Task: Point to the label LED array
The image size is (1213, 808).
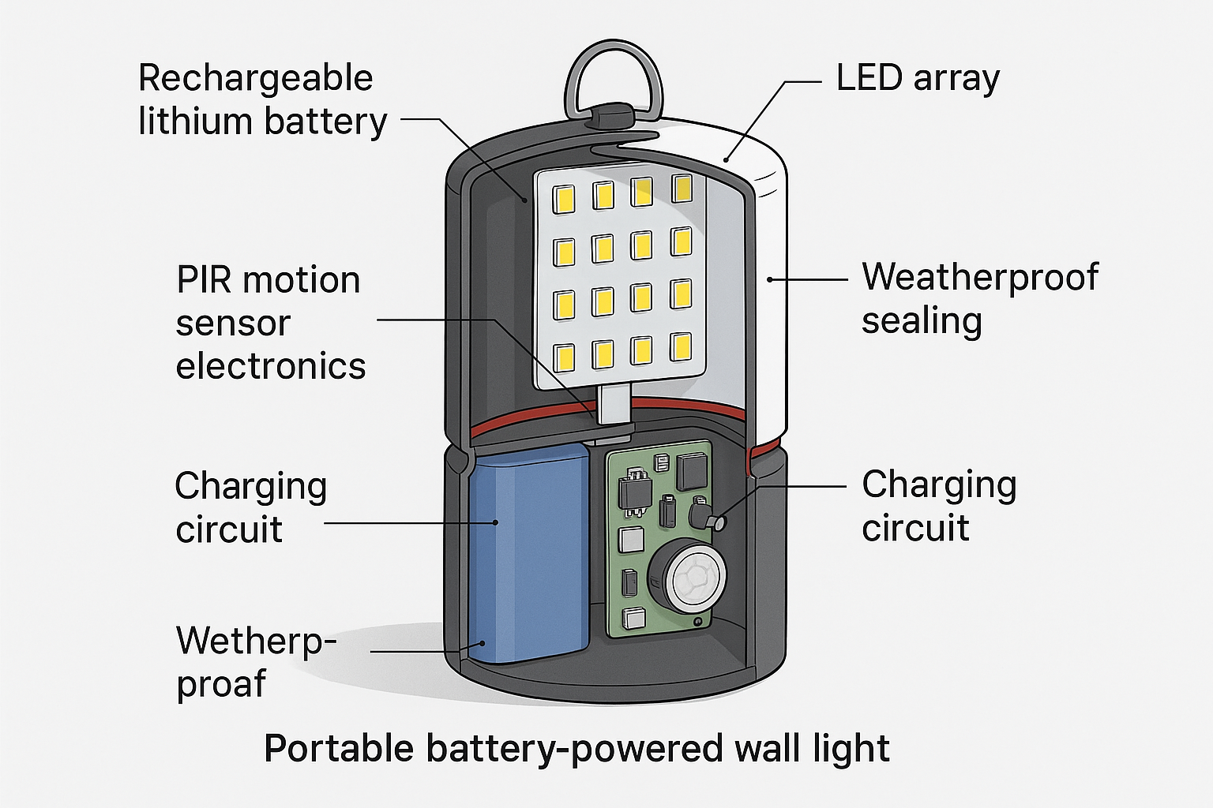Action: [918, 78]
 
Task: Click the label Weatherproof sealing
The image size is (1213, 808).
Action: [980, 299]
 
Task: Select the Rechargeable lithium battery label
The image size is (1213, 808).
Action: [263, 99]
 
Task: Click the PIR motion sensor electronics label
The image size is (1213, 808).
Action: [271, 324]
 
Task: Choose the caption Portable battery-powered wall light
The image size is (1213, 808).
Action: [576, 749]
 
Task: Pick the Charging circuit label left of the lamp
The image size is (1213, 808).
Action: [250, 507]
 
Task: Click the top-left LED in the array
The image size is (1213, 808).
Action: [563, 199]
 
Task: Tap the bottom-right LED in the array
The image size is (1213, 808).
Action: [682, 347]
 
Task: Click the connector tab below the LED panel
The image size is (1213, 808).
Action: [614, 406]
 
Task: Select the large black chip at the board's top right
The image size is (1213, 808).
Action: [692, 471]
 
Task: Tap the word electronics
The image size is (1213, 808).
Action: [271, 366]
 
